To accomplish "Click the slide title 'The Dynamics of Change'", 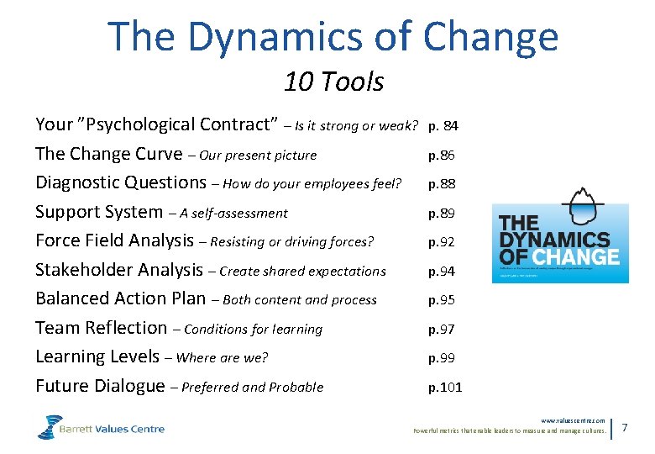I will [333, 37].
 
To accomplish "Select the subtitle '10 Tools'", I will [333, 82].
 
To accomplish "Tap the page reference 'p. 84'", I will [443, 126].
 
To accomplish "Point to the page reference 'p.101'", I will [445, 387].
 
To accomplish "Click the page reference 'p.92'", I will [442, 241].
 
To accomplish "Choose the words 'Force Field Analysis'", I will [114, 240].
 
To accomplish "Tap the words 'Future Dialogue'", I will [100, 386].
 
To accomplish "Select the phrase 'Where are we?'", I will [223, 357].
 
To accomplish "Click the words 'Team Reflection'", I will [101, 328].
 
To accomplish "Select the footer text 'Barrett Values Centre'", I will [113, 429].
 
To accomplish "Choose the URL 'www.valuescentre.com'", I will [573, 420].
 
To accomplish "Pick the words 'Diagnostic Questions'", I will [121, 182].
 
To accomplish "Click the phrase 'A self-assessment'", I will [235, 213].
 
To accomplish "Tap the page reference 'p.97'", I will [442, 329].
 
